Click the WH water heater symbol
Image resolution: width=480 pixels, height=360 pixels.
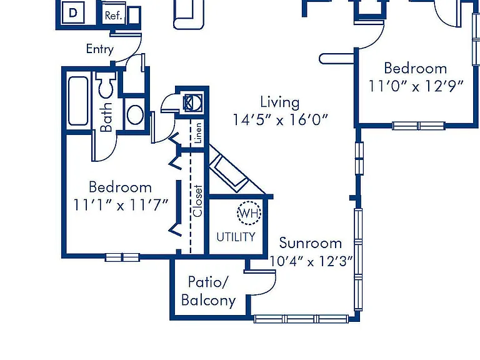pos(249,213)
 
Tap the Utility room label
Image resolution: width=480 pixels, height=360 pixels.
pos(236,237)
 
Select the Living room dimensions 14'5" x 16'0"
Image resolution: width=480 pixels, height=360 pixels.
pos(281,120)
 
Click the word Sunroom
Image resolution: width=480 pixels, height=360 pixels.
pos(311,243)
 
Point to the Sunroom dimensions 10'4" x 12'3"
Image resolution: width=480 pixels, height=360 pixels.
pos(311,261)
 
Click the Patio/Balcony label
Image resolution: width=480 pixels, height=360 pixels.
pos(209,291)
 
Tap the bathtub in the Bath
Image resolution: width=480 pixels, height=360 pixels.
pos(78,101)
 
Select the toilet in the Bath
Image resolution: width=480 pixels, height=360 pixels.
pos(105,84)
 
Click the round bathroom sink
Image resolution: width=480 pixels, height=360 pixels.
pos(135,114)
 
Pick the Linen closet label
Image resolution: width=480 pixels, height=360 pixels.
pos(198,133)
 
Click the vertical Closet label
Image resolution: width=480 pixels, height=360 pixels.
pos(197,201)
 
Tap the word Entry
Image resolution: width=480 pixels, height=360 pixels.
pos(100,49)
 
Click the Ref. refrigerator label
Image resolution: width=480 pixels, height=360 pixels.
pos(113,16)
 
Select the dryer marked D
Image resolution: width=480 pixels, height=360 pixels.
pos(73,12)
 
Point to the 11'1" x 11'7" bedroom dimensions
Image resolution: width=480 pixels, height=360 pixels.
pos(121,205)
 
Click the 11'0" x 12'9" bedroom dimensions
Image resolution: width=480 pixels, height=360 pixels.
pos(416,86)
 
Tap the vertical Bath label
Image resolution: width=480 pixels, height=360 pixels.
pos(106,117)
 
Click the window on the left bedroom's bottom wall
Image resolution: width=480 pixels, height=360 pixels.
pos(122,257)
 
